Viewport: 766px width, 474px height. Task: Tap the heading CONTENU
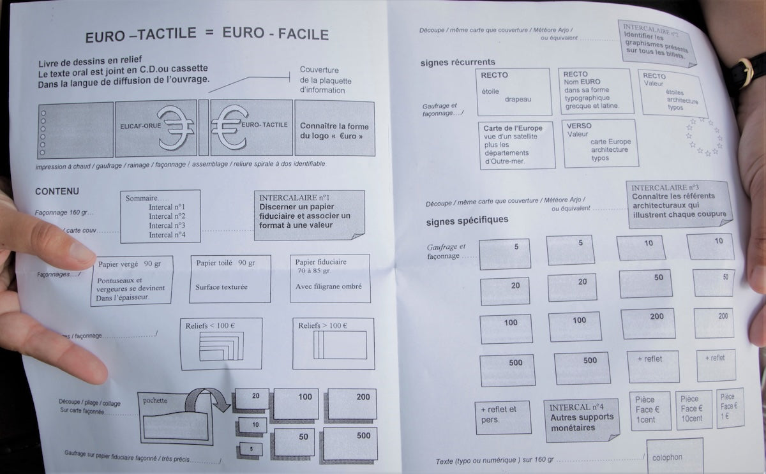pyautogui.click(x=57, y=191)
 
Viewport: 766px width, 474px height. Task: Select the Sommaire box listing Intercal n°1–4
pyautogui.click(x=160, y=216)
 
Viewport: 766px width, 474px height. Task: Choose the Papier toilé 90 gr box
pyautogui.click(x=230, y=279)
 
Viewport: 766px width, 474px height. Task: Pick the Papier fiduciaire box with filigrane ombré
pyautogui.click(x=329, y=279)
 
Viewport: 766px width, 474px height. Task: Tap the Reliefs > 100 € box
pyautogui.click(x=333, y=343)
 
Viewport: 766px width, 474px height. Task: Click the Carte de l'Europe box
pyautogui.click(x=514, y=144)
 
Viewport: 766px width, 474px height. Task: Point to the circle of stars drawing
pyautogui.click(x=703, y=137)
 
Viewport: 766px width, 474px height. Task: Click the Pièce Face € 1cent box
pyautogui.click(x=650, y=410)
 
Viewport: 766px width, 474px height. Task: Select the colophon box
pyautogui.click(x=674, y=455)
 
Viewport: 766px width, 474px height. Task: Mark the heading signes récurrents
pyautogui.click(x=458, y=63)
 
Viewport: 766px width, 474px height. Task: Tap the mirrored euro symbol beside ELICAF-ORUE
pyautogui.click(x=176, y=128)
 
